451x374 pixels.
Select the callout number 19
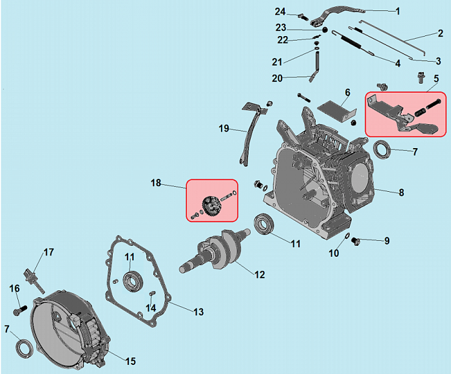(x=224, y=128)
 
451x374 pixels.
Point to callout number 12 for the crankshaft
(x=259, y=275)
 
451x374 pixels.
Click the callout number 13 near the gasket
(x=198, y=312)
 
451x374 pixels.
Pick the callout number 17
(x=48, y=252)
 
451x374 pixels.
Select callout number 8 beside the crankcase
(x=401, y=192)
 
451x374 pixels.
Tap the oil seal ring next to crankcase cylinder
(x=384, y=150)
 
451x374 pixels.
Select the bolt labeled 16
(x=17, y=308)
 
